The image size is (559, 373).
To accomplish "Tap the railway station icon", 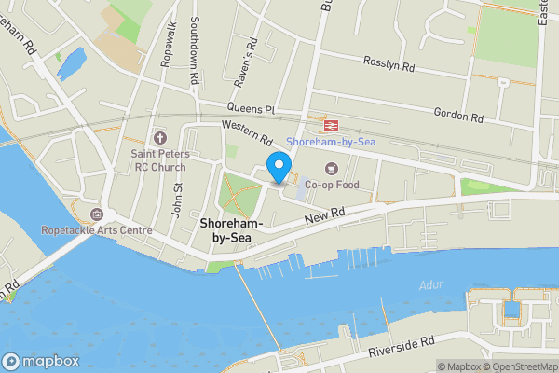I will (x=329, y=124).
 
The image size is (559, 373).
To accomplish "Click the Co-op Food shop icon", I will (x=330, y=168).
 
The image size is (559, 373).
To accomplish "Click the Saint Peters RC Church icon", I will (x=157, y=138).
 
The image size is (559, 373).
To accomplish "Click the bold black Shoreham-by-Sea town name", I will (x=232, y=230).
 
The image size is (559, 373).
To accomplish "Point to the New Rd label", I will (x=325, y=215).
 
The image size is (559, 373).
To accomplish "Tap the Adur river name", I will (x=431, y=284).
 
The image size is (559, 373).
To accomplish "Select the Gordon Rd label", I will (x=458, y=116).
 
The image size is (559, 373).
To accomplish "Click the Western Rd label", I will (x=246, y=131).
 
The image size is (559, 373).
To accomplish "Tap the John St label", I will (x=175, y=197).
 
